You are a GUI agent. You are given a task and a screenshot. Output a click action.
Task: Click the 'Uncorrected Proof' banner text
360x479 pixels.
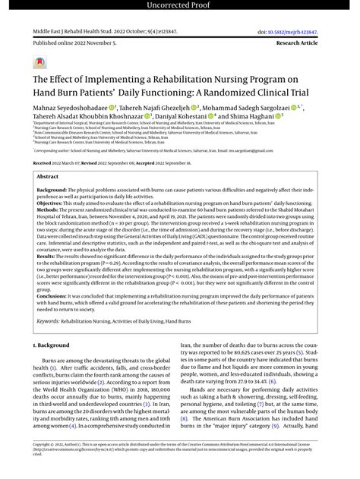coord(179,7)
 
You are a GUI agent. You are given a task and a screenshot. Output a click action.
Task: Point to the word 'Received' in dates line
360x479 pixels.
coord(43,163)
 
